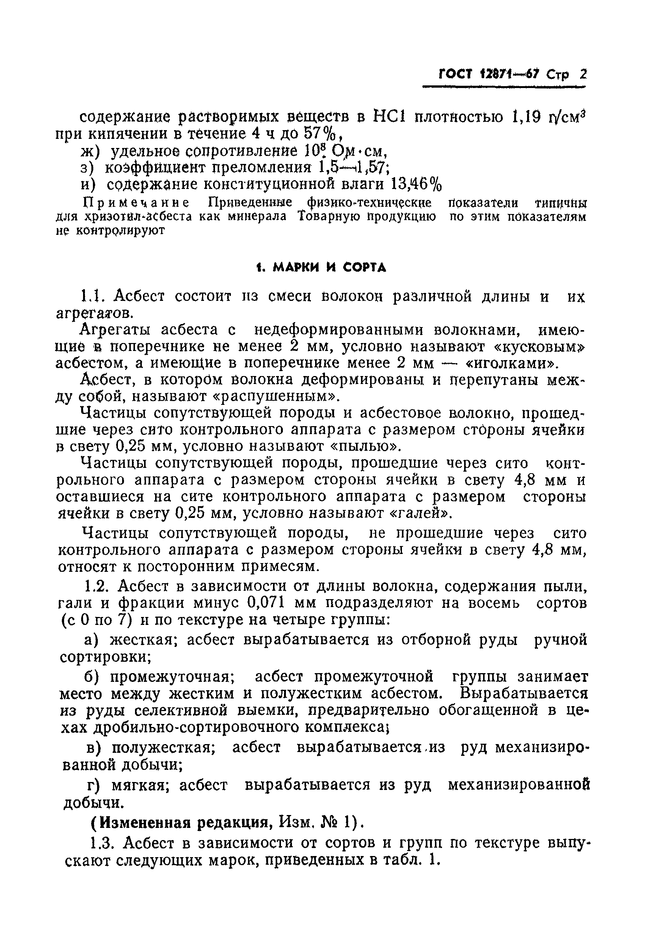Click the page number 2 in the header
pos(583,74)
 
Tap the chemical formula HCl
pos(388,117)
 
